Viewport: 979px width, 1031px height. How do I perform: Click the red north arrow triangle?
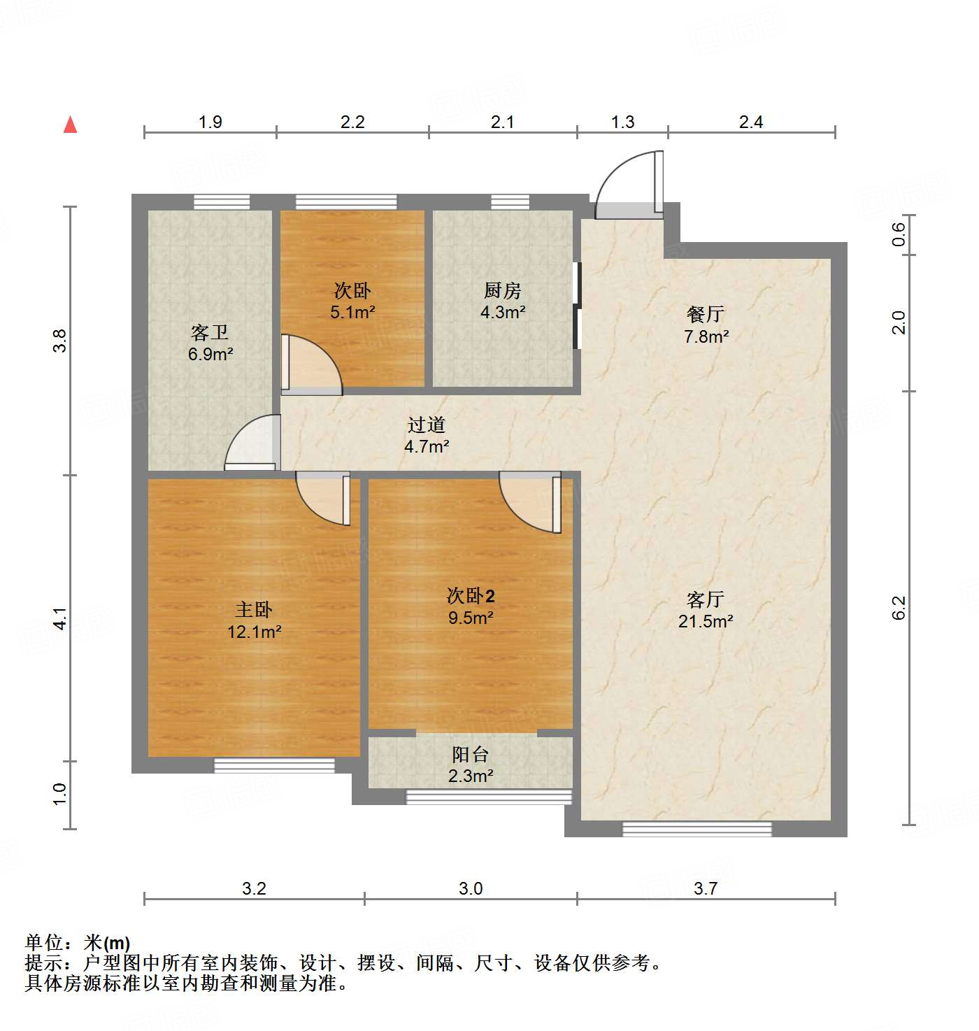71,125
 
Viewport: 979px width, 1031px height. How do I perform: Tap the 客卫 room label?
210,332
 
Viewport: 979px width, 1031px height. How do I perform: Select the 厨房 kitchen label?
502,290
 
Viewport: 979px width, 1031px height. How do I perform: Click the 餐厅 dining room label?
706,314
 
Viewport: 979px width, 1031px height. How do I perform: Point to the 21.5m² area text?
706,621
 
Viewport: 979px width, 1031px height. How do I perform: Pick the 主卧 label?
254,610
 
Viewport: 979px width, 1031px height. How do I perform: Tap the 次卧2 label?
471,596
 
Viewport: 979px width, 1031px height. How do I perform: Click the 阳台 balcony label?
470,754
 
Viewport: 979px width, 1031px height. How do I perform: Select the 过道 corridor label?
427,425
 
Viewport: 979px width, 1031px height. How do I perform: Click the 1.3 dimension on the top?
622,122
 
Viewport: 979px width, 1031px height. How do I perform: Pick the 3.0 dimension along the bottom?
471,888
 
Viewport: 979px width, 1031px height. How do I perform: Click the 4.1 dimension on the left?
62,618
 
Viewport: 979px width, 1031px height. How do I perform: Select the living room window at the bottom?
697,830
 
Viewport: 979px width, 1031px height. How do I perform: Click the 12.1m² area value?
254,632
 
